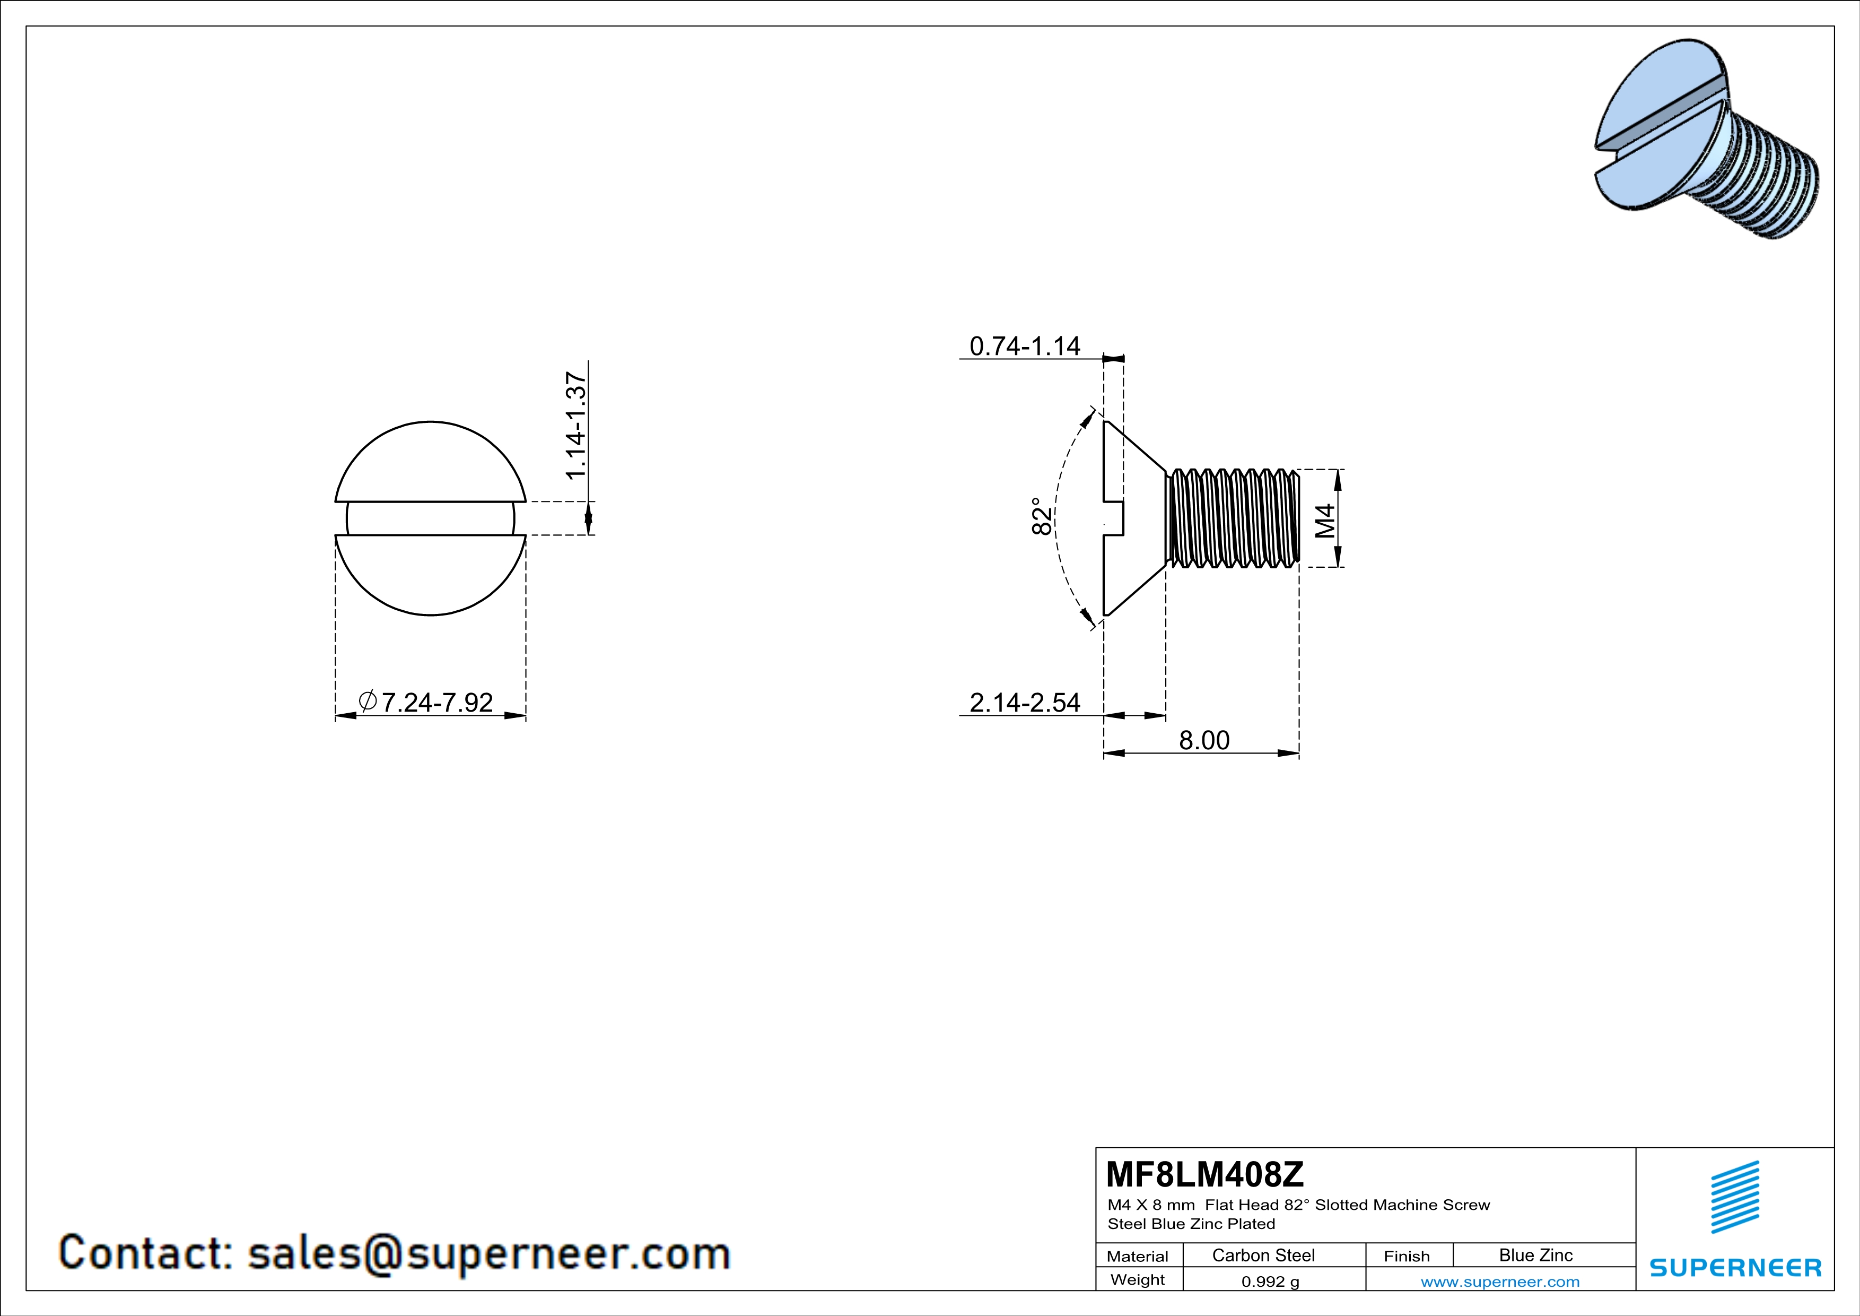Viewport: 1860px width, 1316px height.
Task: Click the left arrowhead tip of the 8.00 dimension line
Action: coord(1104,754)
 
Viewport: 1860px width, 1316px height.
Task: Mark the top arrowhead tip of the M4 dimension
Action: coord(1338,470)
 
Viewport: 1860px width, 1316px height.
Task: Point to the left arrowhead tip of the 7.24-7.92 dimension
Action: coord(336,715)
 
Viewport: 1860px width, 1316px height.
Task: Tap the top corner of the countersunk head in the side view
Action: coord(1106,421)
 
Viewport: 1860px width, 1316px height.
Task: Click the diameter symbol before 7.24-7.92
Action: coord(367,700)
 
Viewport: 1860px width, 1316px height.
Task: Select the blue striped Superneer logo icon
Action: coord(1734,1197)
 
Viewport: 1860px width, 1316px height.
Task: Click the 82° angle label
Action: coord(1043,516)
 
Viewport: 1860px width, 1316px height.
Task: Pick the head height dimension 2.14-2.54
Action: coord(1025,702)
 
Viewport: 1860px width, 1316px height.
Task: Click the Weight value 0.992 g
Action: coord(1270,1281)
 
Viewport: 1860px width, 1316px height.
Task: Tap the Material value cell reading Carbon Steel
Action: coord(1263,1255)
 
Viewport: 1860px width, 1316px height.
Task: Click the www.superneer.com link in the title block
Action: coord(1499,1281)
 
